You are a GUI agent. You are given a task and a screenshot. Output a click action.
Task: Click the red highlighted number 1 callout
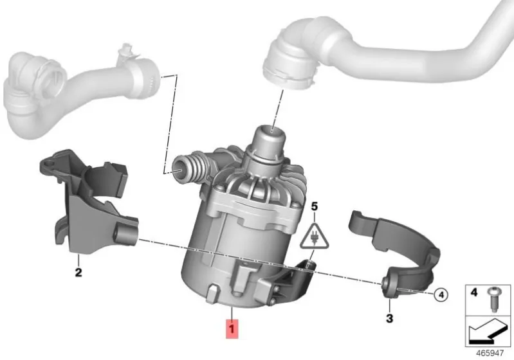232,328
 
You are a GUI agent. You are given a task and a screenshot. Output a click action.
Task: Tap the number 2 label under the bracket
78,272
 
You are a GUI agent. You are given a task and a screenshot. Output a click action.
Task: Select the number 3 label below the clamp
389,318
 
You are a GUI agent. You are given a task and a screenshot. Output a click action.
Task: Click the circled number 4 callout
441,295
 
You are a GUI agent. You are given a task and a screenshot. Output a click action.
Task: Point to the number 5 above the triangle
315,206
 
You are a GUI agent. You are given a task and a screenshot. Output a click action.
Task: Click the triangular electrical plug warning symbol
314,237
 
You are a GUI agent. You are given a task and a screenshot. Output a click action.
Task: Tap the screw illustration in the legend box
493,299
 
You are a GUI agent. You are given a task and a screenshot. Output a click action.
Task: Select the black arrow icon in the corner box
486,332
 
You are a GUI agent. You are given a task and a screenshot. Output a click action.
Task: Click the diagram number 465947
490,354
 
